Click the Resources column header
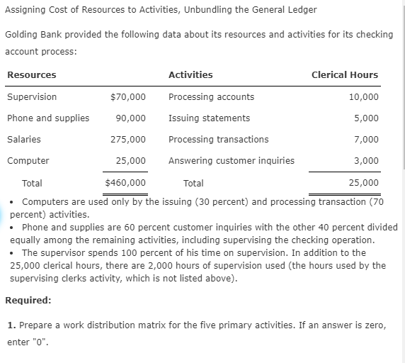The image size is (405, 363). click(32, 75)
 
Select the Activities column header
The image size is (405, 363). click(190, 75)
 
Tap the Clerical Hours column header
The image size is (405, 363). click(345, 75)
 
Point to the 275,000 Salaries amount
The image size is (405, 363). click(128, 140)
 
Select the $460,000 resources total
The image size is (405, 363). click(125, 183)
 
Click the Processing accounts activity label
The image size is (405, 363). click(211, 97)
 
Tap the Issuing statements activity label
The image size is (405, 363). click(209, 118)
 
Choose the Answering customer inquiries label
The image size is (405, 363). click(231, 161)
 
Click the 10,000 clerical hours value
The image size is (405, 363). click(364, 97)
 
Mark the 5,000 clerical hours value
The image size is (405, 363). click(366, 118)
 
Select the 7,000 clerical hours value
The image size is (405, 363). click(366, 140)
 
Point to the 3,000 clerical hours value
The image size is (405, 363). click(366, 161)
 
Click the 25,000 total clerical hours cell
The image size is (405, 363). click(364, 183)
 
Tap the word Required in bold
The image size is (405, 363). click(28, 300)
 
